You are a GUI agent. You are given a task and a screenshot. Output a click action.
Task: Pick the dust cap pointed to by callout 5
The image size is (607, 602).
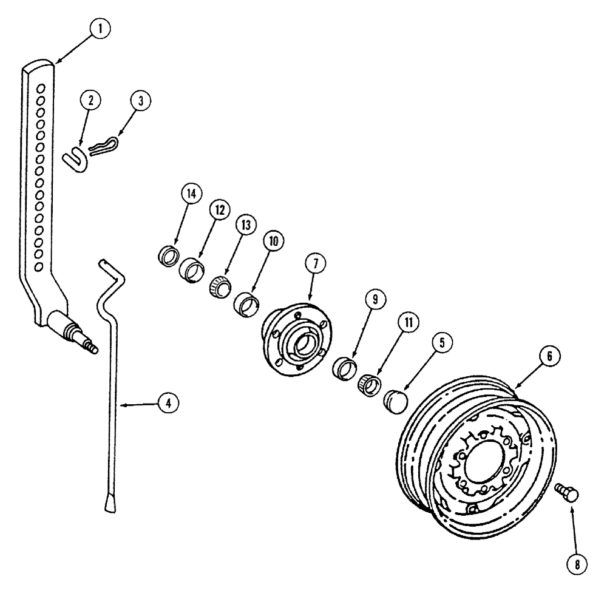click(x=398, y=401)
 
